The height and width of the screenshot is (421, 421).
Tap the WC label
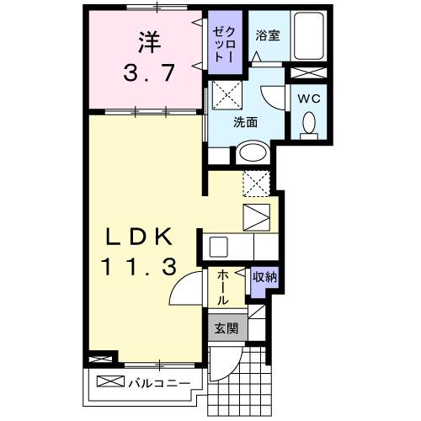click(x=308, y=98)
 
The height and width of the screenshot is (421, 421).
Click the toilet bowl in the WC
click(x=308, y=125)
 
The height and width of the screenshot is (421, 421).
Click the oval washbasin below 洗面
click(x=250, y=152)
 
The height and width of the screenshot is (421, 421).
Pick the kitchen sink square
click(x=219, y=248)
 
